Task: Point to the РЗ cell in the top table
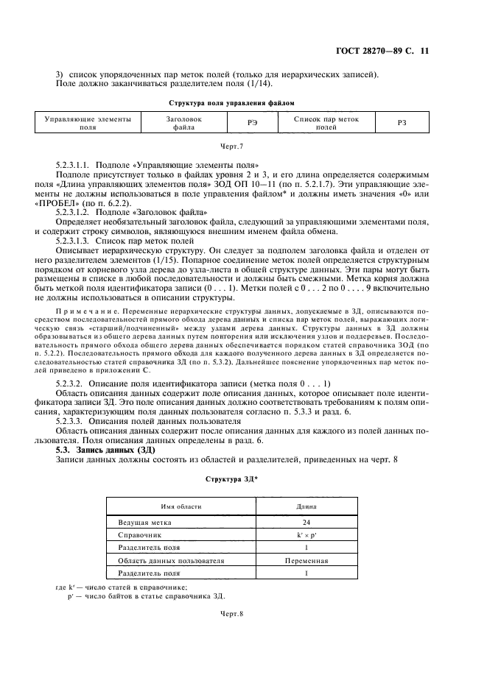[402, 123]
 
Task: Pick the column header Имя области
[180, 506]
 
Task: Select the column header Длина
[306, 506]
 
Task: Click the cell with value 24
[306, 522]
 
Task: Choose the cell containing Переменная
[306, 560]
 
